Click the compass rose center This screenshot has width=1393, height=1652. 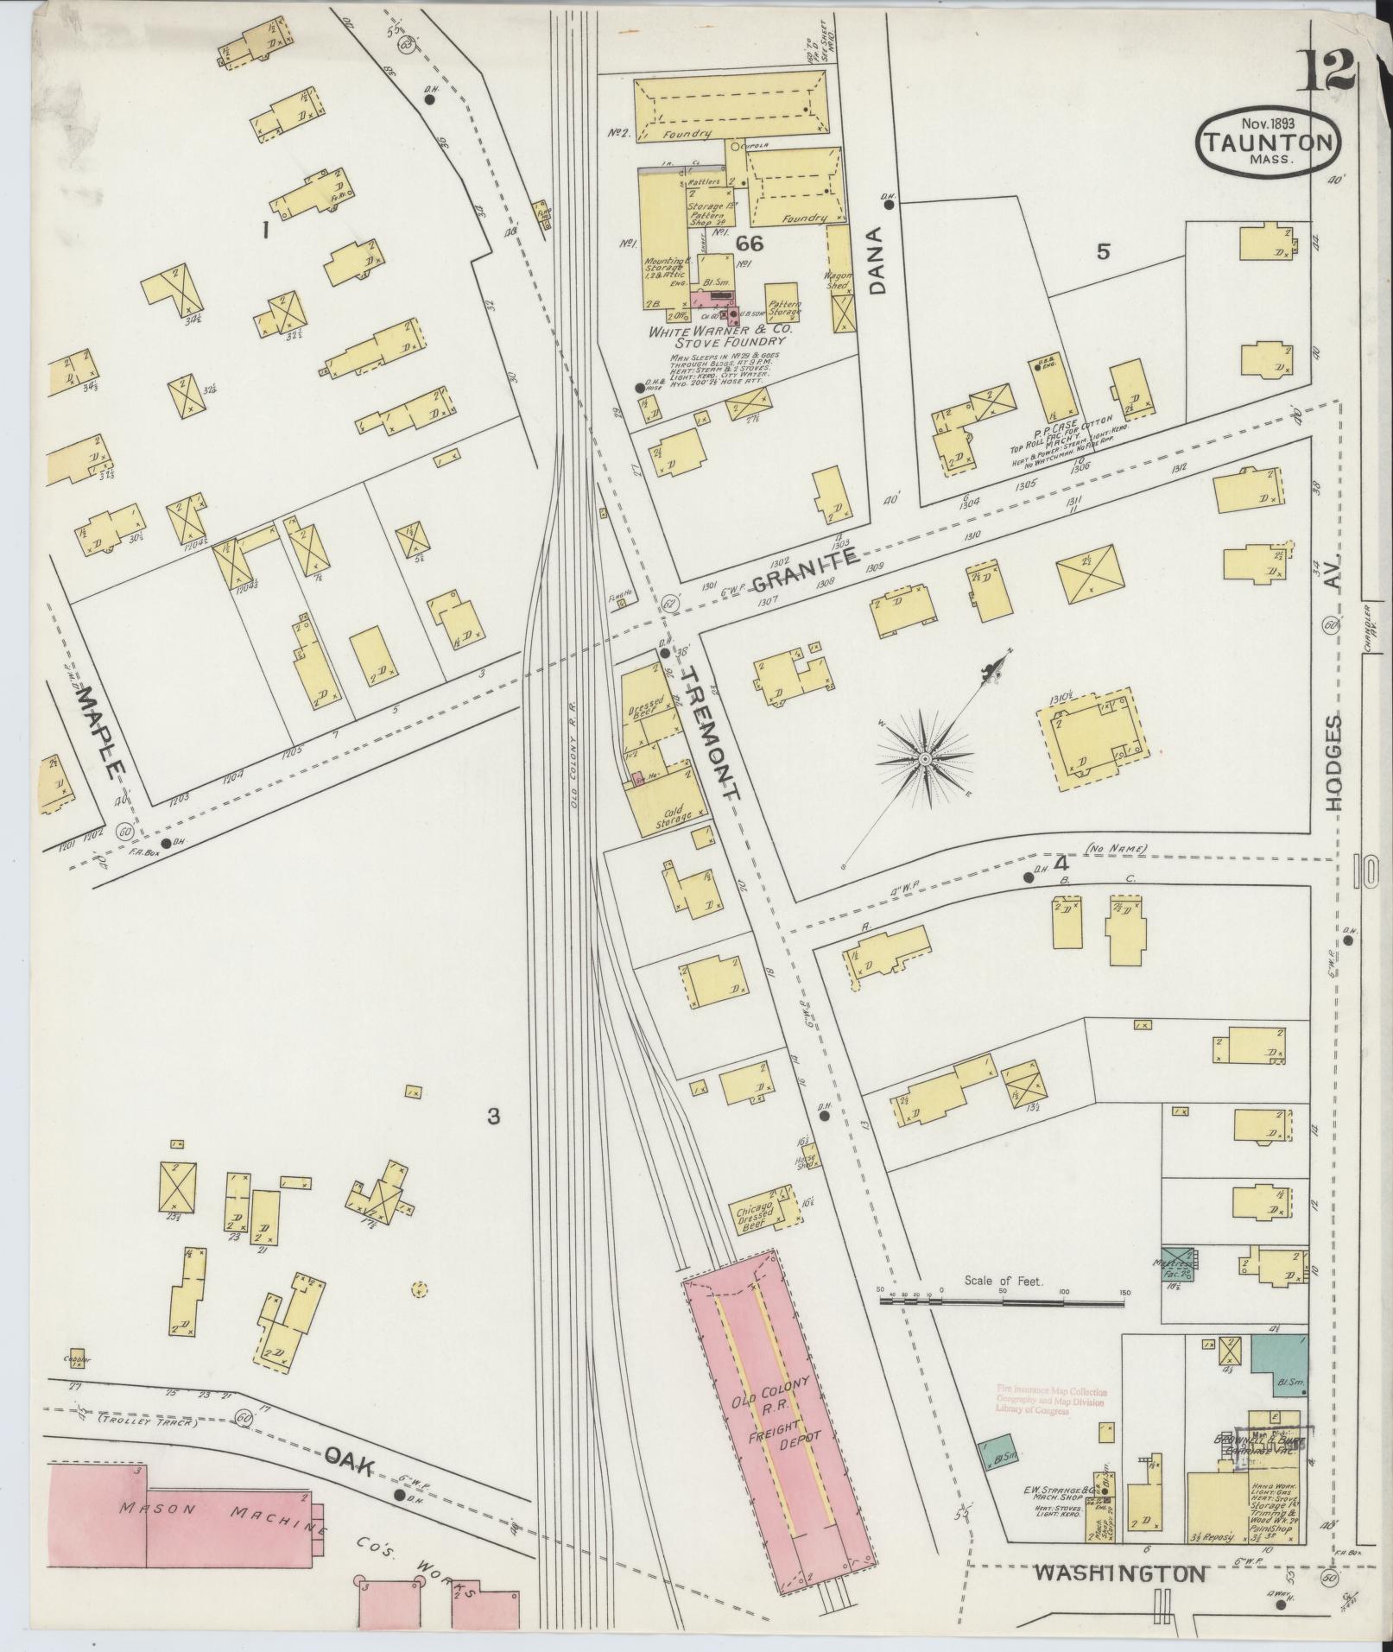click(x=925, y=758)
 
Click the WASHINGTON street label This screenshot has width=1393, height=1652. click(x=1119, y=1573)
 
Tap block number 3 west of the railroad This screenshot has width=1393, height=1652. click(x=493, y=1117)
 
